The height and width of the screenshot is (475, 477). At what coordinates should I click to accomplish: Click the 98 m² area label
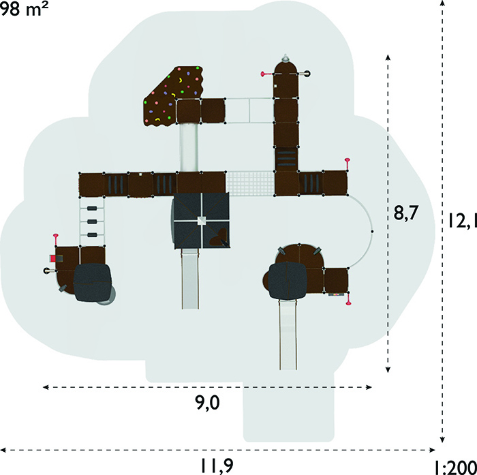[24, 9]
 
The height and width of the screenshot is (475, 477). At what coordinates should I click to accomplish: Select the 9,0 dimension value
[207, 403]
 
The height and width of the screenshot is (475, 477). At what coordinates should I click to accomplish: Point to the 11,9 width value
[217, 465]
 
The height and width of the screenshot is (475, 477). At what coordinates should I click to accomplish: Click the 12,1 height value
[462, 221]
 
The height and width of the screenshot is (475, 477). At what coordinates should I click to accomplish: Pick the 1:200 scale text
[455, 468]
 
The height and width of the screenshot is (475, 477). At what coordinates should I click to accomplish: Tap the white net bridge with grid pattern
[251, 183]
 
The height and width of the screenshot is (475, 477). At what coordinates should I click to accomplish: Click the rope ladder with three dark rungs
[92, 221]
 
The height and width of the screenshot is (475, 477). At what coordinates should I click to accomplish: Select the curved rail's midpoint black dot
[372, 232]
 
